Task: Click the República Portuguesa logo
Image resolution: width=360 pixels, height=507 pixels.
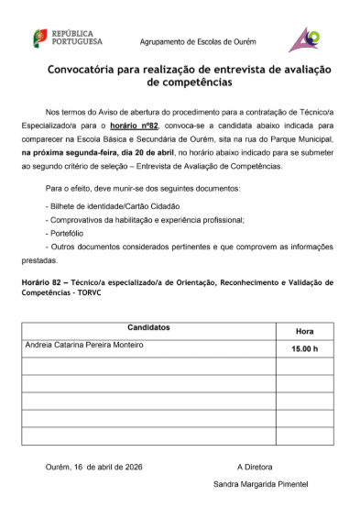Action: tap(67, 39)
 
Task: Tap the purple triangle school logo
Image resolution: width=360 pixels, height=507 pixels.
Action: tap(304, 39)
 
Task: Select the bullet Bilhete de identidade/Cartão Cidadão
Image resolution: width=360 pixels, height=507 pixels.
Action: tap(113, 207)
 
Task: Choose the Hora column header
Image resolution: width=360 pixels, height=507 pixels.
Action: tap(305, 330)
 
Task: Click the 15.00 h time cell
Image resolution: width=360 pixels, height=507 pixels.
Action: tap(305, 349)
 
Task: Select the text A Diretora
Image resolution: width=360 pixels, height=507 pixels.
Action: tap(255, 466)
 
